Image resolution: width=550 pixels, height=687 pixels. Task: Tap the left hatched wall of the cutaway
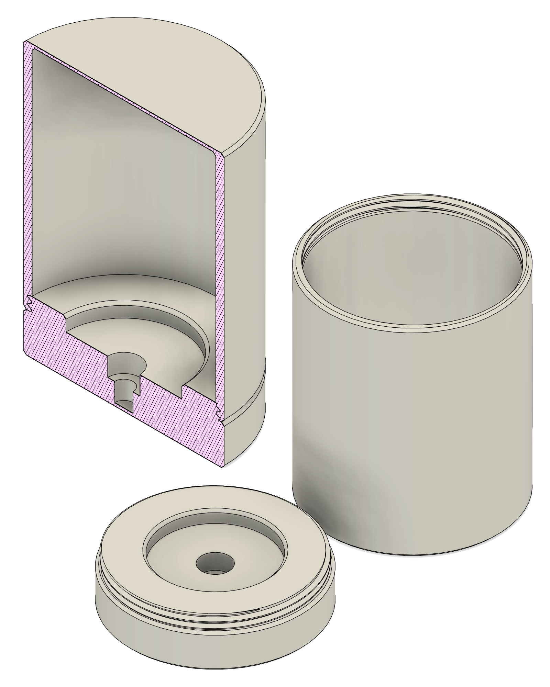pyautogui.click(x=27, y=172)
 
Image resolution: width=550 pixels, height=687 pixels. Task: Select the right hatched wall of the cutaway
pyautogui.click(x=220, y=275)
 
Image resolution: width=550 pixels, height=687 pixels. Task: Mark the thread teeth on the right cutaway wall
pyautogui.click(x=219, y=414)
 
